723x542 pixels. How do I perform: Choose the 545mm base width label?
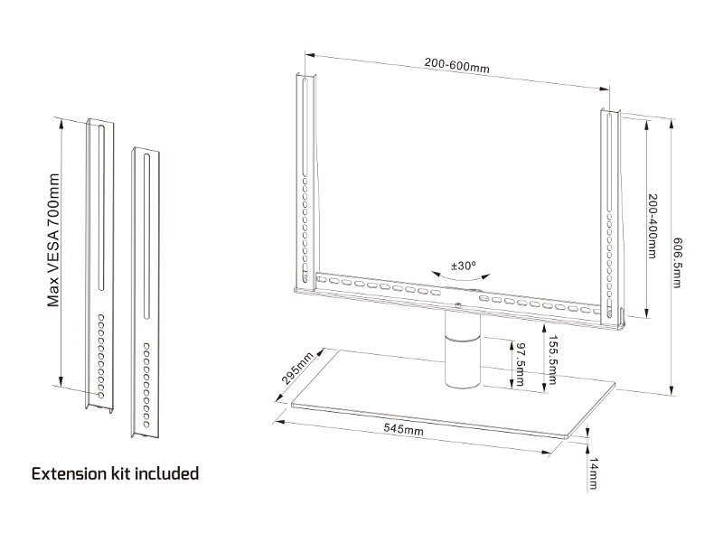point(403,430)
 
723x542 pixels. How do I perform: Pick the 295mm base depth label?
point(297,370)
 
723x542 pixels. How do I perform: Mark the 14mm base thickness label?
point(593,473)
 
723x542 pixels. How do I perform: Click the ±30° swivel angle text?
point(464,266)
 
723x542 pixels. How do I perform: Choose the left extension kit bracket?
point(99,262)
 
